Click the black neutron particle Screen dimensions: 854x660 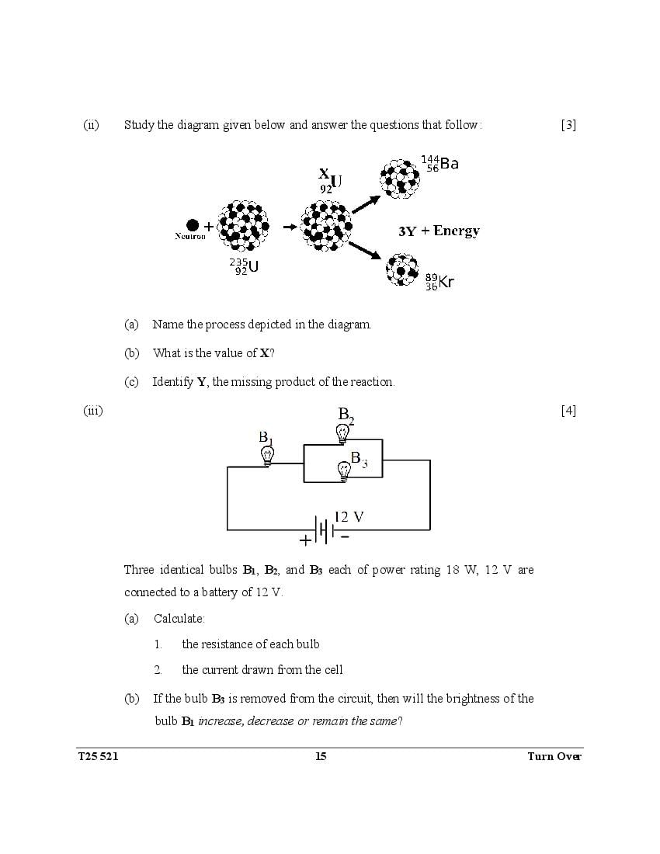pos(193,225)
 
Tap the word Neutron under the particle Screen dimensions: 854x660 pos(190,236)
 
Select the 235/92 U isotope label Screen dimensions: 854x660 pos(244,267)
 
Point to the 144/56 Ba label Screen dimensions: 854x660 pos(439,164)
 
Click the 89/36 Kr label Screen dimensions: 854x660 pos(439,281)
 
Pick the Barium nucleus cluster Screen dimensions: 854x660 pos(400,178)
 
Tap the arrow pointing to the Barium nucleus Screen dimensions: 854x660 pos(366,203)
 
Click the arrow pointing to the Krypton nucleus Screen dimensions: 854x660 pos(364,250)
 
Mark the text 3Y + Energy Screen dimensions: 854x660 pos(439,231)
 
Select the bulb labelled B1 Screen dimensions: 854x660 pos(266,455)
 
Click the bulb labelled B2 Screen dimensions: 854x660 pos(342,434)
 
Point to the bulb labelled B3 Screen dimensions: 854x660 pos(343,470)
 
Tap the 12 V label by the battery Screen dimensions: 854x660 pos(349,517)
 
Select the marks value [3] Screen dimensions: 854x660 pos(568,125)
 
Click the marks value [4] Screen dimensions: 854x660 pos(568,411)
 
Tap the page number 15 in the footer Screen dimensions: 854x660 pos(321,757)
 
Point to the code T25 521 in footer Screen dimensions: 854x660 pos(98,757)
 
